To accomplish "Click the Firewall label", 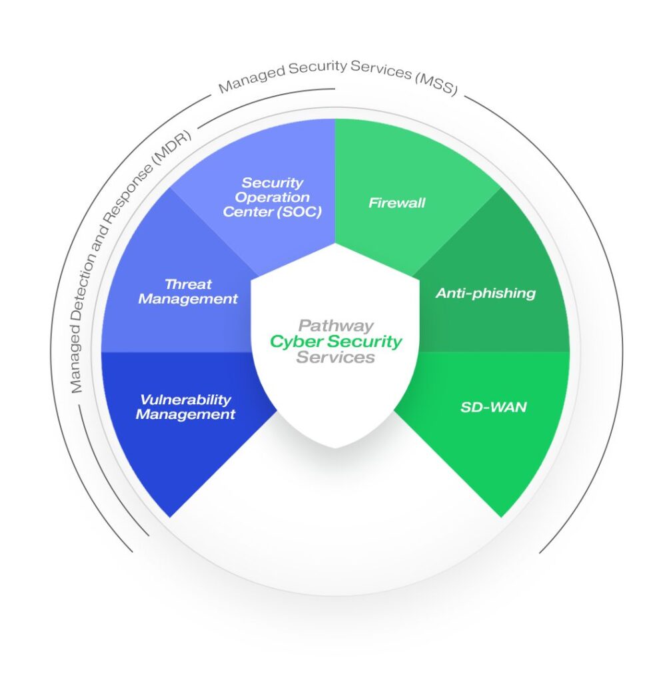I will point(396,203).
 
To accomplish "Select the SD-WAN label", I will point(493,406).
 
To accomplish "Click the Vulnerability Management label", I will point(185,407).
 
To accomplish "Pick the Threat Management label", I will point(188,292).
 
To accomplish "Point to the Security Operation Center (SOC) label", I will point(272,197).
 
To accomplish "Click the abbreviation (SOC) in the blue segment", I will point(298,212).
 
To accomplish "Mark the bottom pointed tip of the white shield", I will point(335,447).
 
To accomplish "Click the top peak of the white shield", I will point(335,244).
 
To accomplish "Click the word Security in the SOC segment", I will point(272,182).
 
